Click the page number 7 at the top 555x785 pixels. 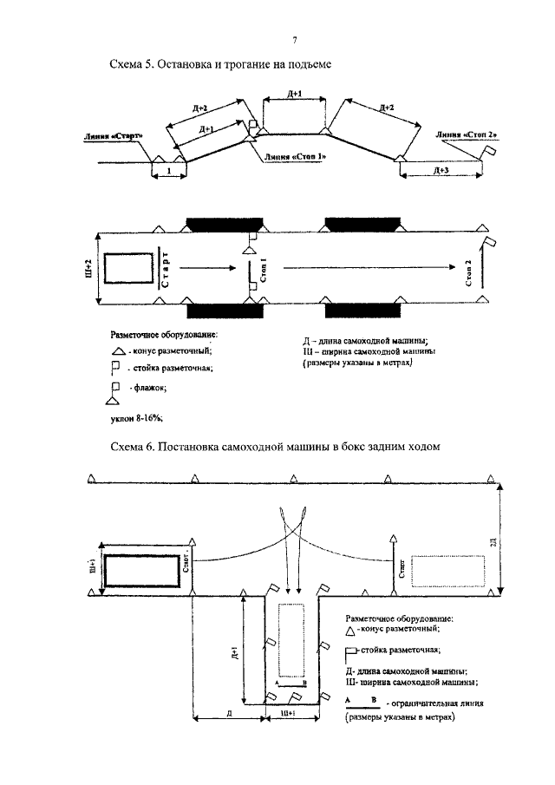(294, 40)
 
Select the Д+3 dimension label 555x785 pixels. (441, 172)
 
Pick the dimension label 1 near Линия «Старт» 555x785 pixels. (167, 172)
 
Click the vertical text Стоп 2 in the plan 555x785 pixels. (469, 272)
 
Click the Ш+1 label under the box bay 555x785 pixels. (290, 712)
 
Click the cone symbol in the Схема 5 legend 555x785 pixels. (117, 350)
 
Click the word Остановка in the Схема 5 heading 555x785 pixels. (199, 65)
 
